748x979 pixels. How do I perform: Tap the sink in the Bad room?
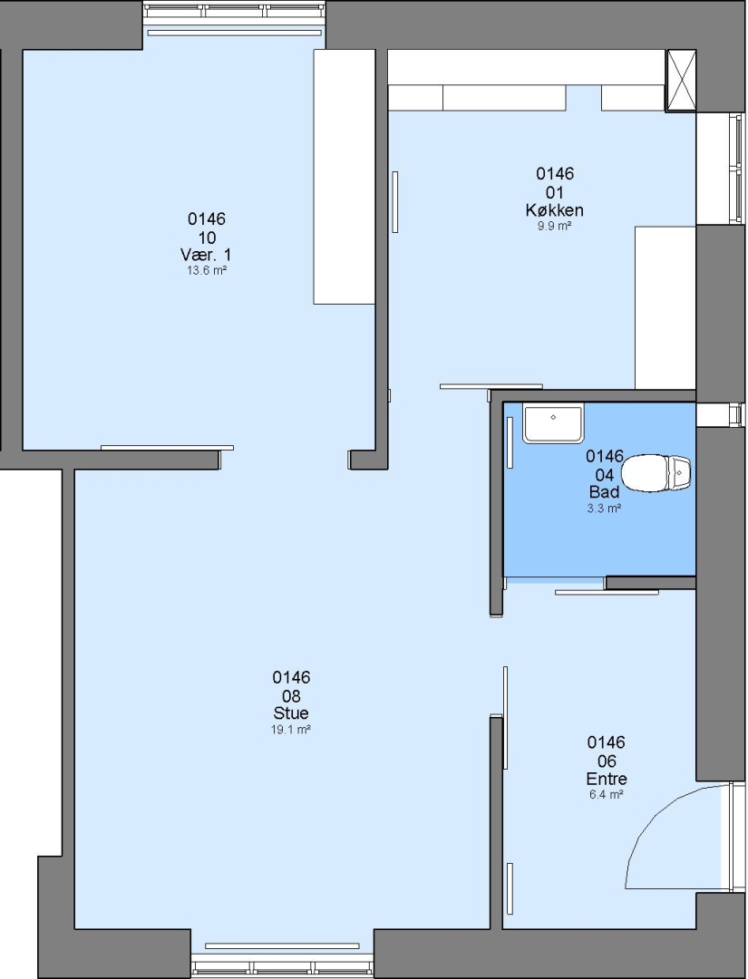coord(552,424)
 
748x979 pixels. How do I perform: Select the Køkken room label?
coord(555,209)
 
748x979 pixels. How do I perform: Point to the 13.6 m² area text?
coord(207,270)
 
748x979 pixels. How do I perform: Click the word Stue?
coord(291,713)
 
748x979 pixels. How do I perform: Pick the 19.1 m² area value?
coord(291,729)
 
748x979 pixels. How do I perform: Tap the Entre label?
coord(607,779)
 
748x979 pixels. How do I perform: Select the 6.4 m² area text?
coord(607,795)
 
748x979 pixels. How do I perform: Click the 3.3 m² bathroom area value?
coord(604,509)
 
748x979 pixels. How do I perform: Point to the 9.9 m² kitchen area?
coord(555,226)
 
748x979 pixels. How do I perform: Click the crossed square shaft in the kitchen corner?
coord(681,81)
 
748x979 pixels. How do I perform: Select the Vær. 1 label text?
coord(206,255)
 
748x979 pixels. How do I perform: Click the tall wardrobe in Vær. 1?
coord(344,177)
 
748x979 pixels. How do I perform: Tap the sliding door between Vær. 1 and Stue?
coord(168,448)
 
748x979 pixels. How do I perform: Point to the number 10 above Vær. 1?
coord(207,237)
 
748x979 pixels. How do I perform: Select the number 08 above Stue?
coord(291,695)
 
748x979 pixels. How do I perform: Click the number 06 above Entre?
coord(607,761)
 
